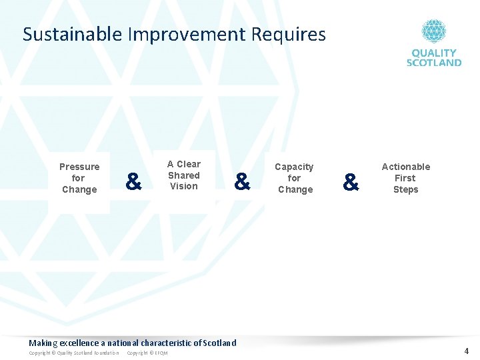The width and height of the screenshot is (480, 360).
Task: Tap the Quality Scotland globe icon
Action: click(433, 31)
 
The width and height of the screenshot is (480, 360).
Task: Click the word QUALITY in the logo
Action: click(434, 53)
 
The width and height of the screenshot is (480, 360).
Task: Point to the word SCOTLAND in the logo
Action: click(434, 62)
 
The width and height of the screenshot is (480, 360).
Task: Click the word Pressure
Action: click(79, 167)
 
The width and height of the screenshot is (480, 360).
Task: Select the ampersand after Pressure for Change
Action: click(133, 181)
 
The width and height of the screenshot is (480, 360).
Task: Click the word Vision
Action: click(183, 187)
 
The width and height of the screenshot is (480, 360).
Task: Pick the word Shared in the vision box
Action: click(183, 175)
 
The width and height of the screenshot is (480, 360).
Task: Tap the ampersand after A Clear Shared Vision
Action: click(242, 181)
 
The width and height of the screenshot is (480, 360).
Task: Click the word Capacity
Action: click(294, 167)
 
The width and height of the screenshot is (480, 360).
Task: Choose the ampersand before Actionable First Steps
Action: click(350, 181)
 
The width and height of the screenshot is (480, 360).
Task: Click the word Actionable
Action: click(405, 167)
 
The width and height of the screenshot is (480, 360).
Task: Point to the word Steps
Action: click(405, 189)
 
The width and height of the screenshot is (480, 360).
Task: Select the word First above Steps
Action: click(405, 178)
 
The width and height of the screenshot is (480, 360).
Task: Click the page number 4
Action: click(467, 351)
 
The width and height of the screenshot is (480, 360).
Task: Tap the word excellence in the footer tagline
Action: click(79, 343)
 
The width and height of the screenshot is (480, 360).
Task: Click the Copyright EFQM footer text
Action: click(147, 353)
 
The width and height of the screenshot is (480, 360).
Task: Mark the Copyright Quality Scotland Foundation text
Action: click(74, 353)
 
